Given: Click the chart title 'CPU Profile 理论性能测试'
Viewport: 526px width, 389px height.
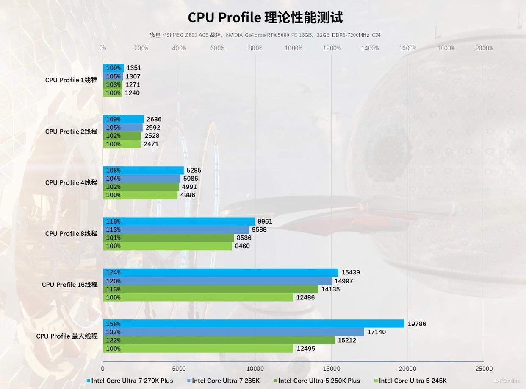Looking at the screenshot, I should pos(265,18).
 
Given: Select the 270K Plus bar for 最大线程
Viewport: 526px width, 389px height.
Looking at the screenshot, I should pos(254,324).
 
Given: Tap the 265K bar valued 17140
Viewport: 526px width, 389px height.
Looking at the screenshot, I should pos(233,332).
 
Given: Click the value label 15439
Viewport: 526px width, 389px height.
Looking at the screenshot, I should pos(351,272).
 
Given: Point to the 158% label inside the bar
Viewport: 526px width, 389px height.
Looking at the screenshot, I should pos(113,324).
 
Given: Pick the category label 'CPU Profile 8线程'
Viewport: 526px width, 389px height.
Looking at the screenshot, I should pos(71,234).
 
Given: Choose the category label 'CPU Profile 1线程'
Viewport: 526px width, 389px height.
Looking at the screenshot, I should pos(71,80).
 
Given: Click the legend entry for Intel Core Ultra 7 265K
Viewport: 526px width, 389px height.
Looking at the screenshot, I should pos(226,381).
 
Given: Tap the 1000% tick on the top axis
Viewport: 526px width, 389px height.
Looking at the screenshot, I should pos(293,48).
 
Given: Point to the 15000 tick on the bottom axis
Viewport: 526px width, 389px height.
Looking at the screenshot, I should pos(332,369).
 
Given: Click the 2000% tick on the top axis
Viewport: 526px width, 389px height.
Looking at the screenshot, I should pos(484,48).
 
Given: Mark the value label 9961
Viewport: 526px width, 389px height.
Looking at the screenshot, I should pos(265,221).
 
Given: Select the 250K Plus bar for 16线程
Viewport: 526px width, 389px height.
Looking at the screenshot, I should pos(210,289).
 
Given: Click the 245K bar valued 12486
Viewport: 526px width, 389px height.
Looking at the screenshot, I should pos(198,297).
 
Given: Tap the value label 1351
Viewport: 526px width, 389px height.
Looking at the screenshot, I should pos(134,68).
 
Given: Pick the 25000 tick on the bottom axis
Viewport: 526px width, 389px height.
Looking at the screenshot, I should pos(484,369).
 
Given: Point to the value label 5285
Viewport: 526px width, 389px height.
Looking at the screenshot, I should pos(194,171).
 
